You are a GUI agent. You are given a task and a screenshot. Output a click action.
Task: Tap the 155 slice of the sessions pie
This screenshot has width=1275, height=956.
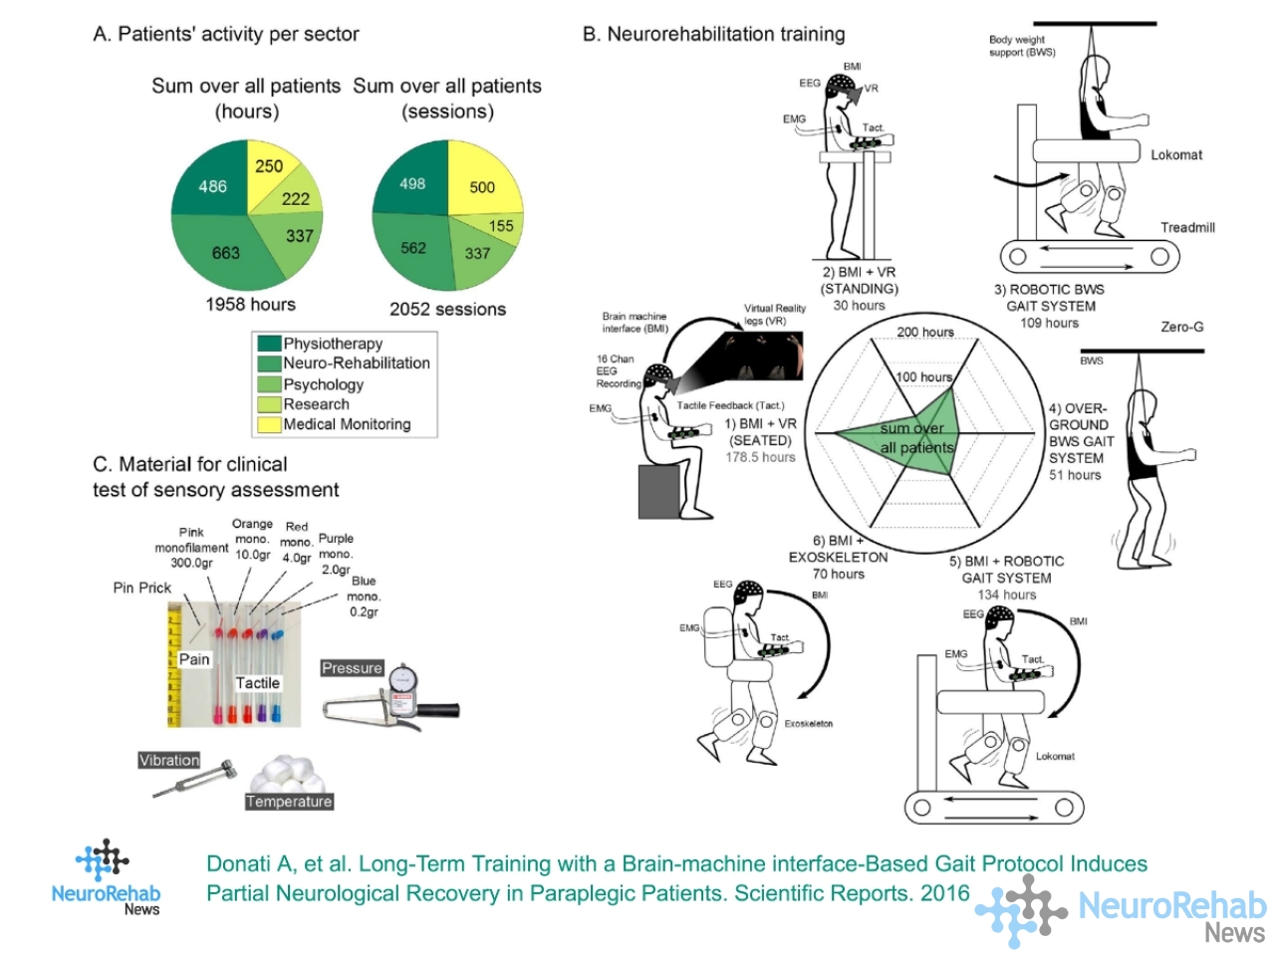[501, 226]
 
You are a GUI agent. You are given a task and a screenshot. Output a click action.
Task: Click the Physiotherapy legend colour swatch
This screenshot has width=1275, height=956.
[269, 343]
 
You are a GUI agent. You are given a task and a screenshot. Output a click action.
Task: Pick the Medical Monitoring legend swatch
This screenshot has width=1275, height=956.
[269, 424]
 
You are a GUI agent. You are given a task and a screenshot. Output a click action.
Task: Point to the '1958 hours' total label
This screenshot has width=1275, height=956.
[250, 304]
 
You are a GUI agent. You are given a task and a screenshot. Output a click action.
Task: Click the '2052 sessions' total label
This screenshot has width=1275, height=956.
[448, 309]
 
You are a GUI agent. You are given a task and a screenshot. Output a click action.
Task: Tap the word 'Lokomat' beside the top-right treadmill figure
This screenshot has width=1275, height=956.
[1176, 155]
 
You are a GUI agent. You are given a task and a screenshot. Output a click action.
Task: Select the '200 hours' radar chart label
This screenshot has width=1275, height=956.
[924, 332]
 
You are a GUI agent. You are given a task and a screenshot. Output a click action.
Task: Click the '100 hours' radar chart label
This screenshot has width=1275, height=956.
[923, 376]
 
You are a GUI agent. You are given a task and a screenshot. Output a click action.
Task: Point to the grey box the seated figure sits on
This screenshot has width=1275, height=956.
[658, 491]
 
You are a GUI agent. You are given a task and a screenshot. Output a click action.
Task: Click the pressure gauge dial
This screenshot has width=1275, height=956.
[402, 678]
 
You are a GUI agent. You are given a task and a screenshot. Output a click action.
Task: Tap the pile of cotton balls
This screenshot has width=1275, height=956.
[289, 774]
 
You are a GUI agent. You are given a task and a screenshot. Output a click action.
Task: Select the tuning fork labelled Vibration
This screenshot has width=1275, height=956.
[194, 779]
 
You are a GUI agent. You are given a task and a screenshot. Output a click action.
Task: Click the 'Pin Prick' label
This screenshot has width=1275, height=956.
[142, 588]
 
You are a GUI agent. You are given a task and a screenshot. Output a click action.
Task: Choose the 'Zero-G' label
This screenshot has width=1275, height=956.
[1182, 327]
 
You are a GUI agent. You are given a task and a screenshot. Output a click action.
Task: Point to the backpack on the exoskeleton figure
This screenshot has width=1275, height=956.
[718, 636]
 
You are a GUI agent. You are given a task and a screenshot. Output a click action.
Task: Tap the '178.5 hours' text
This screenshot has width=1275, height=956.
[760, 457]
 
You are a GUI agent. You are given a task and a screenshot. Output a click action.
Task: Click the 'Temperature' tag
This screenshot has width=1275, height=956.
[289, 802]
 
